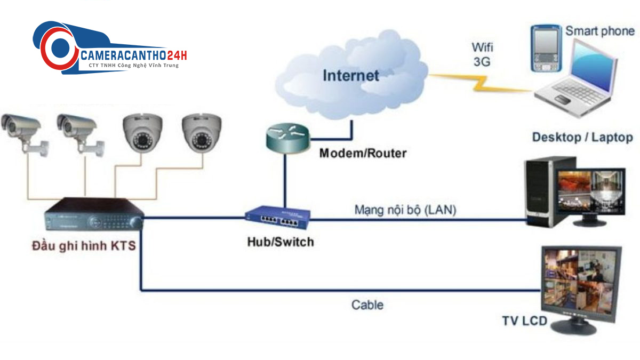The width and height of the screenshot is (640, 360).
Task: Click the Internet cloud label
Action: point(350,75)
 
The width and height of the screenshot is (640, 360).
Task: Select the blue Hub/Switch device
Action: point(278,215)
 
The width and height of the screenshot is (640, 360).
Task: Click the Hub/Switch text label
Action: point(280,242)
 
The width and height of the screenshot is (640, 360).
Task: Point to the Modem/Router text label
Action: point(363,154)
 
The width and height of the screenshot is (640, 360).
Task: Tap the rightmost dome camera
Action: point(201,133)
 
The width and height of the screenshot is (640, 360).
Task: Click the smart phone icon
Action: point(545,49)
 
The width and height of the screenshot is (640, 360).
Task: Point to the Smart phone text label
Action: point(600,31)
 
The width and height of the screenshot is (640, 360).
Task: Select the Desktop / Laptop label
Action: point(582,138)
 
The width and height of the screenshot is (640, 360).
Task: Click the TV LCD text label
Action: point(524,321)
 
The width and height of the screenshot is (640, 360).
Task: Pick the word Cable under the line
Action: point(367,305)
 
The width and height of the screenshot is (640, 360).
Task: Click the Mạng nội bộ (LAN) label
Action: point(405,210)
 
